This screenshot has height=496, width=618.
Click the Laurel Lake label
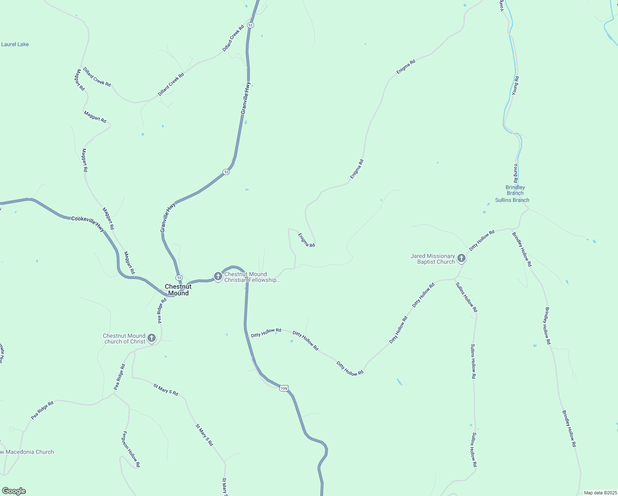click(15, 44)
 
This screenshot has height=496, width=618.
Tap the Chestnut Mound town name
click(178, 290)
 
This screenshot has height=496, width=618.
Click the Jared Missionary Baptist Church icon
click(461, 258)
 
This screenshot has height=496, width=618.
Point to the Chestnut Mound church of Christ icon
click(152, 338)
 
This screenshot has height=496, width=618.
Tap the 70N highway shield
click(283, 388)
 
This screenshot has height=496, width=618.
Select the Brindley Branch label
click(515, 190)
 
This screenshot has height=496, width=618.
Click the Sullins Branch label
click(512, 200)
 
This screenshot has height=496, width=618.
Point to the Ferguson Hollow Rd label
click(131, 449)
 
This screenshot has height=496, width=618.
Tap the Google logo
click(14, 491)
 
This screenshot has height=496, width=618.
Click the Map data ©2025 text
click(600, 493)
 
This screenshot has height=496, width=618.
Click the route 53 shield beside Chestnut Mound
click(178, 277)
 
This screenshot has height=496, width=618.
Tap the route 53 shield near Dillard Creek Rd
click(250, 25)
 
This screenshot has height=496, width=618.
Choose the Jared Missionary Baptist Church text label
click(433, 259)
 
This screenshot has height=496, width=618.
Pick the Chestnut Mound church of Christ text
click(124, 339)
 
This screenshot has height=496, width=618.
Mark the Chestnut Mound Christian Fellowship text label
click(252, 277)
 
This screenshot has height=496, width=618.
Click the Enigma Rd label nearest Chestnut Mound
click(307, 240)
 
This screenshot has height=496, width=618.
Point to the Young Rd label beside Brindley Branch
click(516, 173)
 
